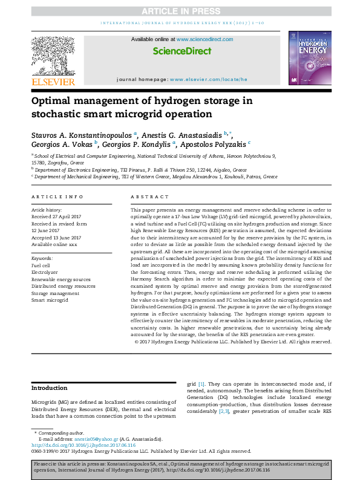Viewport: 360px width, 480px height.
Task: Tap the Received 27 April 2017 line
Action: tap(56, 215)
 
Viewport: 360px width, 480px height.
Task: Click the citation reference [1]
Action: tap(201, 384)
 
